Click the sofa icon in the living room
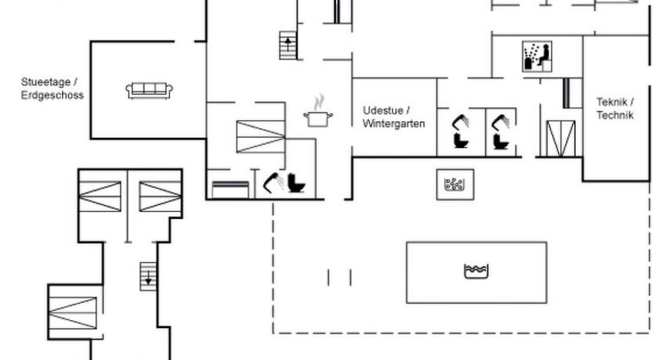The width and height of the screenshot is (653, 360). [x=149, y=91]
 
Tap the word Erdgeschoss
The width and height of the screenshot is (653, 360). [x=52, y=95]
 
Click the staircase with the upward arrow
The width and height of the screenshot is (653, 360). [x=288, y=45]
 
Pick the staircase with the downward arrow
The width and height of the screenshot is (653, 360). [x=148, y=276]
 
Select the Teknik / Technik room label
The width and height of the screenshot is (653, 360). [x=615, y=108]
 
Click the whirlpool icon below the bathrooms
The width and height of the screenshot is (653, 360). [x=455, y=185]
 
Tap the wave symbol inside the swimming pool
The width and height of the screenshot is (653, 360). [x=476, y=272]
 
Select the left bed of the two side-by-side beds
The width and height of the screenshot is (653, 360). [x=99, y=196]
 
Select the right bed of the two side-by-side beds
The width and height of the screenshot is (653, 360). [x=160, y=196]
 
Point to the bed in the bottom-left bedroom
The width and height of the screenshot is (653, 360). [x=73, y=311]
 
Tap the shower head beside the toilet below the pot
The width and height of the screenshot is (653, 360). [x=272, y=182]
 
